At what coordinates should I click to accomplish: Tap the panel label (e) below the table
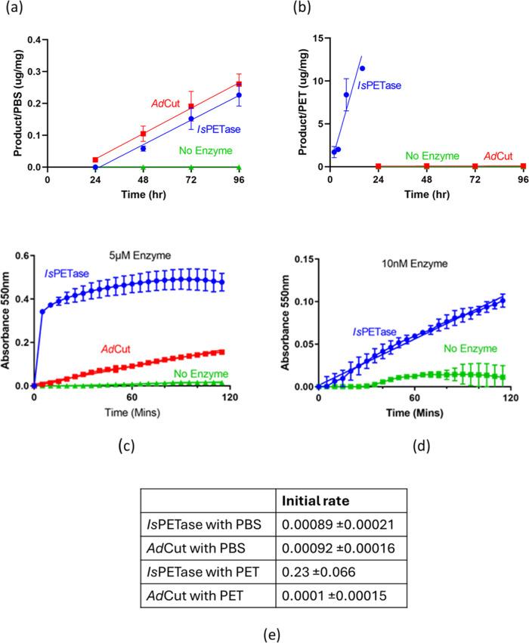coord(264,626)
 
